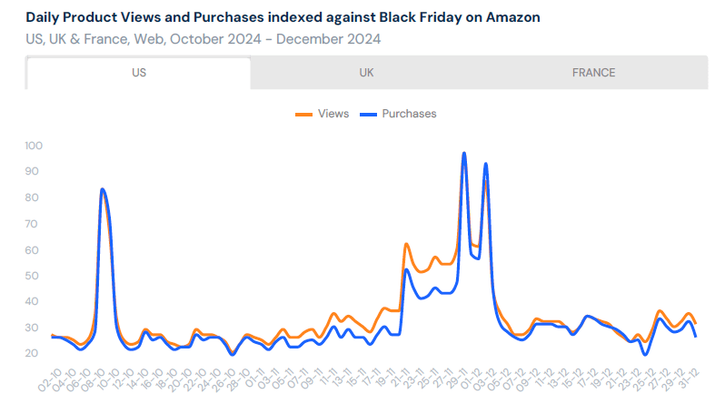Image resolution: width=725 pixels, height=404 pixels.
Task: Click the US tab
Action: pos(139,73)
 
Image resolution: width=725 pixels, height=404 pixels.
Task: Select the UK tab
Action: pos(366,73)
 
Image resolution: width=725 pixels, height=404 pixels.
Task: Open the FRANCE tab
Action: pos(593,73)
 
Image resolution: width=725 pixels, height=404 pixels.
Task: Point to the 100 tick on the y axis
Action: pos(35,146)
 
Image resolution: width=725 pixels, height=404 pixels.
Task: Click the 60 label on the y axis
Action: pos(35,250)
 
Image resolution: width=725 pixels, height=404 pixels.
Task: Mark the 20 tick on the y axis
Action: pos(35,354)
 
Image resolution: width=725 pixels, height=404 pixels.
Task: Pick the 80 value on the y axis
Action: pos(35,197)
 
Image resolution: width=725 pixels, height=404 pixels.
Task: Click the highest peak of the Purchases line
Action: pos(464,153)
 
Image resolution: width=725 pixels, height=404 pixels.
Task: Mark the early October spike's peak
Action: pos(102,189)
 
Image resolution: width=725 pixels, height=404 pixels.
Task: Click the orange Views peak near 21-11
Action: pos(406,244)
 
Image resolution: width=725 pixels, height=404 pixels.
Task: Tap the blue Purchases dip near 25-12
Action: pos(645,354)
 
